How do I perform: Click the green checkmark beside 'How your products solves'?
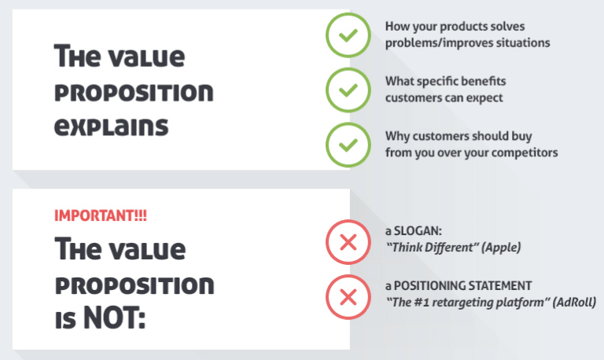click(x=348, y=35)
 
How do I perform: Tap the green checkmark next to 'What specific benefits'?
click(x=348, y=90)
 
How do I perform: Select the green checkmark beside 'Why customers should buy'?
click(x=348, y=145)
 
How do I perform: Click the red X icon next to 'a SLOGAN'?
click(x=348, y=242)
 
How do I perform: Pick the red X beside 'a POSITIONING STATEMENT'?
click(x=348, y=297)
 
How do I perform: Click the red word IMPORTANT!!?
click(x=101, y=215)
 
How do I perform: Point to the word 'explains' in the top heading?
click(x=112, y=127)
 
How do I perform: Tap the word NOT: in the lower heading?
click(x=114, y=318)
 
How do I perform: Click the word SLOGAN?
click(x=418, y=230)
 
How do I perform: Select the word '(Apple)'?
click(x=501, y=247)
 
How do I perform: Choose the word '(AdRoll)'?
click(x=574, y=303)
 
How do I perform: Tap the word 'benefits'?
click(x=483, y=81)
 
